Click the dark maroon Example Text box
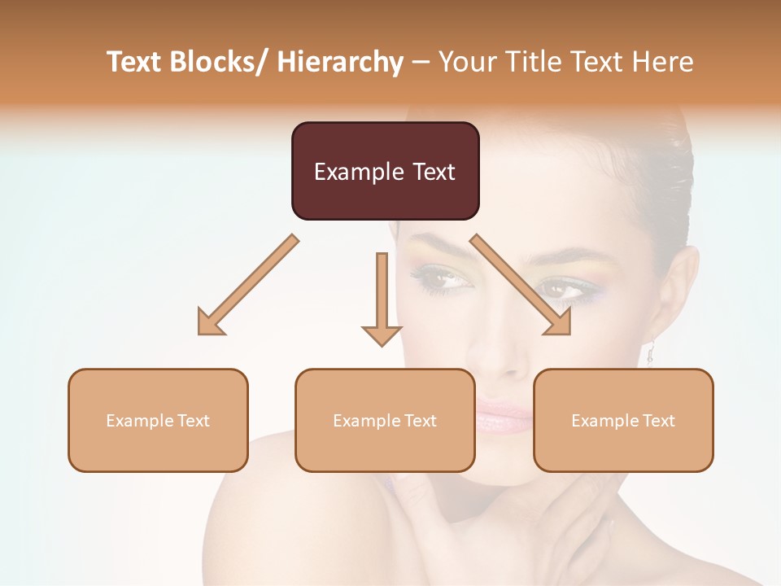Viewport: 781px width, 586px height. (385, 171)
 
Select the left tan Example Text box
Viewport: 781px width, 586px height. (158, 420)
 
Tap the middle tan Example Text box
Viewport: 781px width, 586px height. (385, 420)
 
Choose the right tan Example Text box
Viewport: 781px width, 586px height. (623, 420)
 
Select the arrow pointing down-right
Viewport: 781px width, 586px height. (521, 285)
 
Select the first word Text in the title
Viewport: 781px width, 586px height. (136, 62)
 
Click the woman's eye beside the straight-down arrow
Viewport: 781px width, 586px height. (443, 279)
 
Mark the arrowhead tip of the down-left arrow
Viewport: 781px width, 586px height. (200, 333)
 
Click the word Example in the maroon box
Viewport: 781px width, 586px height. (348, 172)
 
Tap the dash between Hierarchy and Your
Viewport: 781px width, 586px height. (421, 62)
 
